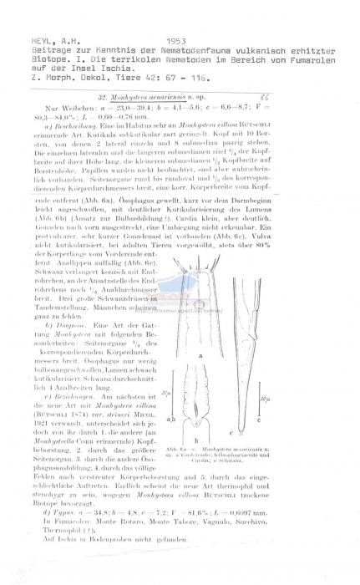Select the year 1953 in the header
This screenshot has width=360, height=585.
177,15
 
